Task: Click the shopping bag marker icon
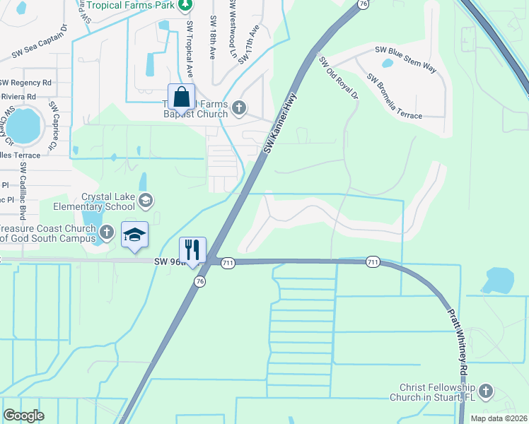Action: (x=181, y=97)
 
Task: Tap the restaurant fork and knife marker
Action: (x=192, y=249)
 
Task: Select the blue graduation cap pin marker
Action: (x=134, y=235)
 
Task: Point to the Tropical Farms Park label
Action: (x=132, y=5)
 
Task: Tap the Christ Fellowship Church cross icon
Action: (x=485, y=390)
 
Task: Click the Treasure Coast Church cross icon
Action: (x=106, y=232)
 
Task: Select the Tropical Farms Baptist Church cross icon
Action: (x=239, y=107)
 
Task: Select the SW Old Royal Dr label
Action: (x=339, y=78)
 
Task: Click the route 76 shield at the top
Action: (x=363, y=4)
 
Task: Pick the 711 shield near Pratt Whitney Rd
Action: (x=373, y=262)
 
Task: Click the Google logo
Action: (x=23, y=415)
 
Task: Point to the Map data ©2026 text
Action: (x=499, y=418)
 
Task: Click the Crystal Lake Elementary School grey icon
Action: (x=145, y=201)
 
